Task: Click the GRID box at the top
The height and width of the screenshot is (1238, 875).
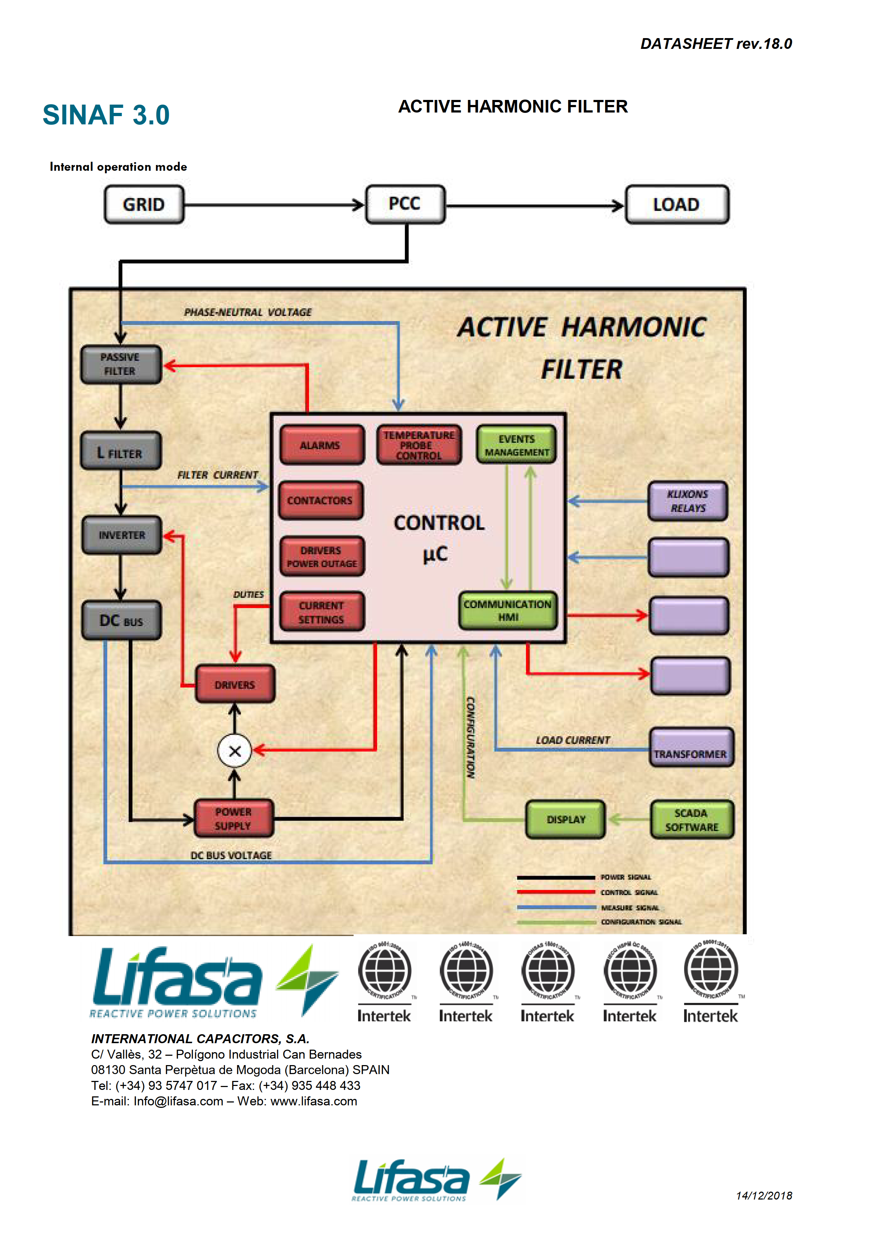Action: pyautogui.click(x=144, y=204)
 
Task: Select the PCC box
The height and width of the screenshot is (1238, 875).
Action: pyautogui.click(x=405, y=204)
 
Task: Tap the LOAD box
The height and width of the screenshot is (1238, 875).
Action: pyautogui.click(x=677, y=204)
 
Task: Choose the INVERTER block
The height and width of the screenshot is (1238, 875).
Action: pyautogui.click(x=122, y=535)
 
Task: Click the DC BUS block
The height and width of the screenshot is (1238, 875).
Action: pyautogui.click(x=121, y=620)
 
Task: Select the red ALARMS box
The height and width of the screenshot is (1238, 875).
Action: pyautogui.click(x=321, y=445)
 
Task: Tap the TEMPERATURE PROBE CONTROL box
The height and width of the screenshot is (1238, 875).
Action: pyautogui.click(x=419, y=445)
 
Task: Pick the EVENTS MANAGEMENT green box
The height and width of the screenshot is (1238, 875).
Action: pyautogui.click(x=516, y=445)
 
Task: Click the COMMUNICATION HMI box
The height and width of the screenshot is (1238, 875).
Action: pyautogui.click(x=507, y=610)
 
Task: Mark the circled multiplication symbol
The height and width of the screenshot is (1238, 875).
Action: pyautogui.click(x=235, y=751)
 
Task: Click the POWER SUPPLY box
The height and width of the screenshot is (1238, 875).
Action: pyautogui.click(x=234, y=819)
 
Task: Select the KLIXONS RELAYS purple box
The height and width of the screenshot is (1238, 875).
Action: pyautogui.click(x=687, y=501)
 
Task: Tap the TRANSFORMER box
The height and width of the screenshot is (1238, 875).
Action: pyautogui.click(x=691, y=747)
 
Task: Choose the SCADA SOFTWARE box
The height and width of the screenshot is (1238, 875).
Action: pyautogui.click(x=692, y=820)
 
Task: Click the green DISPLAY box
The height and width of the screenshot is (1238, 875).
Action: pyautogui.click(x=566, y=820)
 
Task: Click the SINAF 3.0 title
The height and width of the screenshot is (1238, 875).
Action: pyautogui.click(x=106, y=115)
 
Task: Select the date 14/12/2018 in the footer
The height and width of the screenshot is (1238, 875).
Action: pyautogui.click(x=764, y=1196)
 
